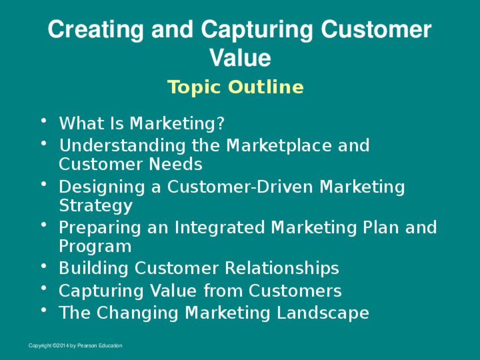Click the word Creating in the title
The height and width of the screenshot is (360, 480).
pos(96,29)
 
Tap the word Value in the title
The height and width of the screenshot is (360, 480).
pos(240,58)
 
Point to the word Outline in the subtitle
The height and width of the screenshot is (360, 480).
pos(266,87)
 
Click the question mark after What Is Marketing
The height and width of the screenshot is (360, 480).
pos(221,123)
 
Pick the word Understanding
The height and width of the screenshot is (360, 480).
pos(122,145)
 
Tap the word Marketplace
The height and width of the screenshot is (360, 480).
pos(279,145)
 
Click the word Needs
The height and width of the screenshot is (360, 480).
pos(175,164)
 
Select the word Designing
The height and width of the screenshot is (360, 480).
pos(102,187)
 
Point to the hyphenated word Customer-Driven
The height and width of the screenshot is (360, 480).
pos(239,186)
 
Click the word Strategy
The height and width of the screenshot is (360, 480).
pos(96,205)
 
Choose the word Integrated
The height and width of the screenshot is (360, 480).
pos(220,228)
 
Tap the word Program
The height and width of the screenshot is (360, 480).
pos(95,247)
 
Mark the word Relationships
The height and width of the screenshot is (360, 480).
pos(282,268)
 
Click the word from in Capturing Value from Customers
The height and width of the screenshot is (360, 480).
pos(223,290)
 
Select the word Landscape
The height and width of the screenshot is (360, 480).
pos(323,313)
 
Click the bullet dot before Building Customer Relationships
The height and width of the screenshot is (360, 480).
pos(44,265)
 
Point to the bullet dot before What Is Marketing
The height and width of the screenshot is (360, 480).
pos(44,121)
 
